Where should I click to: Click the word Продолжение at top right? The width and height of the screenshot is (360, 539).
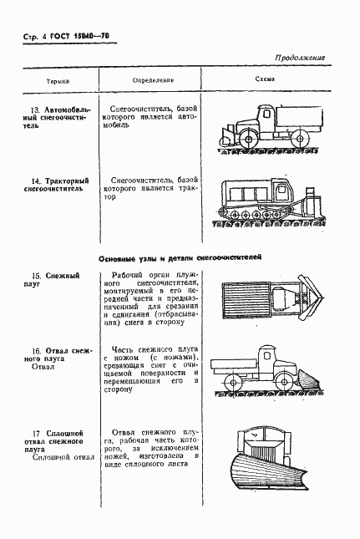coord(298,58)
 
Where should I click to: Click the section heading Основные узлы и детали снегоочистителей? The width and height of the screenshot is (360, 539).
coord(180,258)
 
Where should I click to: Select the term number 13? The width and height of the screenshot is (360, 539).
coord(33,109)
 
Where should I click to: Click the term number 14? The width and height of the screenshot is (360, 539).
coord(33,180)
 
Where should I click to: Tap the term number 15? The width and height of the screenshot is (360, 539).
coord(33,275)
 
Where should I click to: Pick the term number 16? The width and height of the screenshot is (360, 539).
coord(33,352)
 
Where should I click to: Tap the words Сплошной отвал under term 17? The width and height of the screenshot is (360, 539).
coord(53,457)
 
